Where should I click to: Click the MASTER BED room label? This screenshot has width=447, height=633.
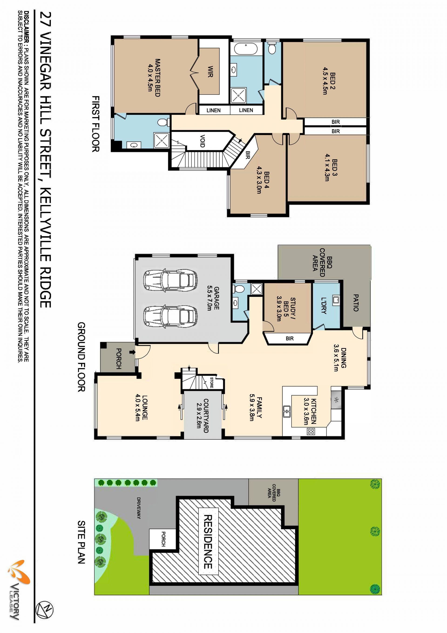tap(157, 77)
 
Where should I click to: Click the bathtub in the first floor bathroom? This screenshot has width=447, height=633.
tap(246, 50)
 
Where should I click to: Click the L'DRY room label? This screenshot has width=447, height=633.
tap(324, 305)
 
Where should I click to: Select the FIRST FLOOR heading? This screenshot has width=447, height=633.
tap(95, 124)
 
